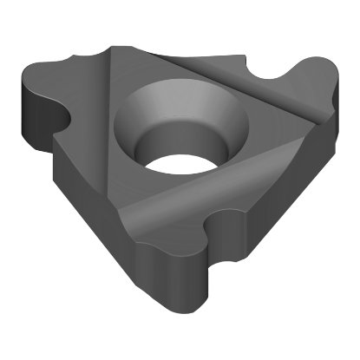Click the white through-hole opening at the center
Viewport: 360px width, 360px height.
pos(178,155)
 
